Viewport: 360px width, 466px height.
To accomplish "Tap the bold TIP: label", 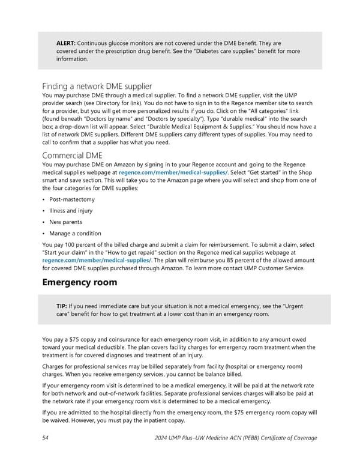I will point(62,306).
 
